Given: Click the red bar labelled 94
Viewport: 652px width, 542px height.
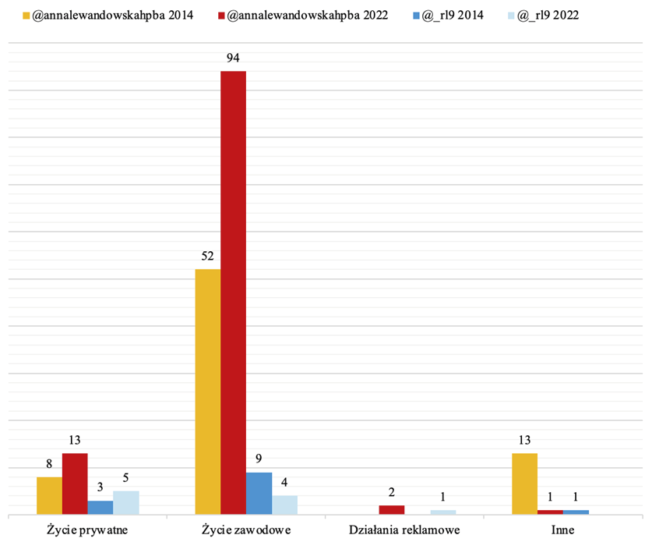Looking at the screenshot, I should pos(233,292).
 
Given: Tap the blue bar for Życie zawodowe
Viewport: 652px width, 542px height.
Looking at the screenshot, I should pos(259,493).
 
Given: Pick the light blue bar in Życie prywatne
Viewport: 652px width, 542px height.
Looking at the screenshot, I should pos(126,502).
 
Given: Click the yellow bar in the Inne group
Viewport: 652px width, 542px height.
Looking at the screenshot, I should pos(524,484).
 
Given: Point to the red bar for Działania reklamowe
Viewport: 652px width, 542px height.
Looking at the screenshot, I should pos(392,510).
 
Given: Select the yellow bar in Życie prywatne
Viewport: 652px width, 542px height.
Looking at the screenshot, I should pos(49,495).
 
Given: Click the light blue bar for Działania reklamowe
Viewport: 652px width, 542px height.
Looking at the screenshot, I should pos(443,512).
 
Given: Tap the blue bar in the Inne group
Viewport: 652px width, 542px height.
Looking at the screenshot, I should pos(576,512).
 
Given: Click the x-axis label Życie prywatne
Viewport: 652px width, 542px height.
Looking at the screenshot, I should pos(87,531).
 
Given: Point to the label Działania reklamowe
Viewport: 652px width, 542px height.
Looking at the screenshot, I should pos(404,531).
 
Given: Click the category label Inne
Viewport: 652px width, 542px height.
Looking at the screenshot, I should pos(562,531).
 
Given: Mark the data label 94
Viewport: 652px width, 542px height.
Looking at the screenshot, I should pos(234,57).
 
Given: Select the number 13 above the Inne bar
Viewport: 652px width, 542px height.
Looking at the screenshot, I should pos(524,440).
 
